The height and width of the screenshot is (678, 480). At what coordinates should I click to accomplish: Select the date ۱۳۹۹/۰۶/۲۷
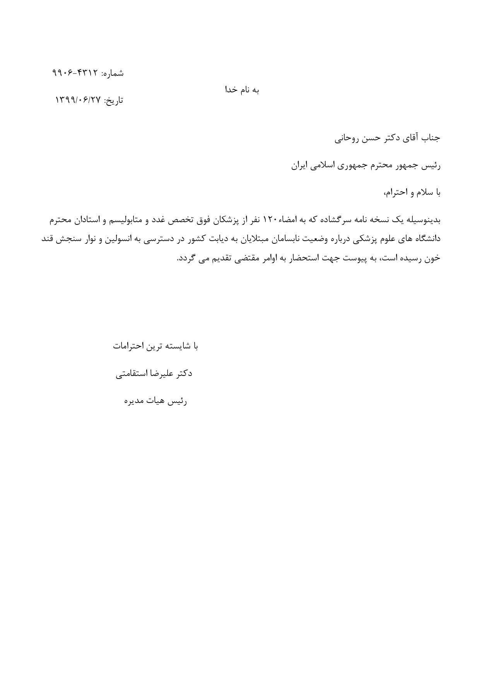pyautogui.click(x=78, y=100)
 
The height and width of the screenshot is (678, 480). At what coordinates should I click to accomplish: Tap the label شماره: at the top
pyautogui.click(x=113, y=73)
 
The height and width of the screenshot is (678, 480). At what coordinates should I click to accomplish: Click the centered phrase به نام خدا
pyautogui.click(x=242, y=90)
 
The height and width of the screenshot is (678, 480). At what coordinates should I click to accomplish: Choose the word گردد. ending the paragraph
pyautogui.click(x=185, y=258)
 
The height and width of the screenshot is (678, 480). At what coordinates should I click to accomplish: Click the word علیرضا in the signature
pyautogui.click(x=164, y=374)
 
